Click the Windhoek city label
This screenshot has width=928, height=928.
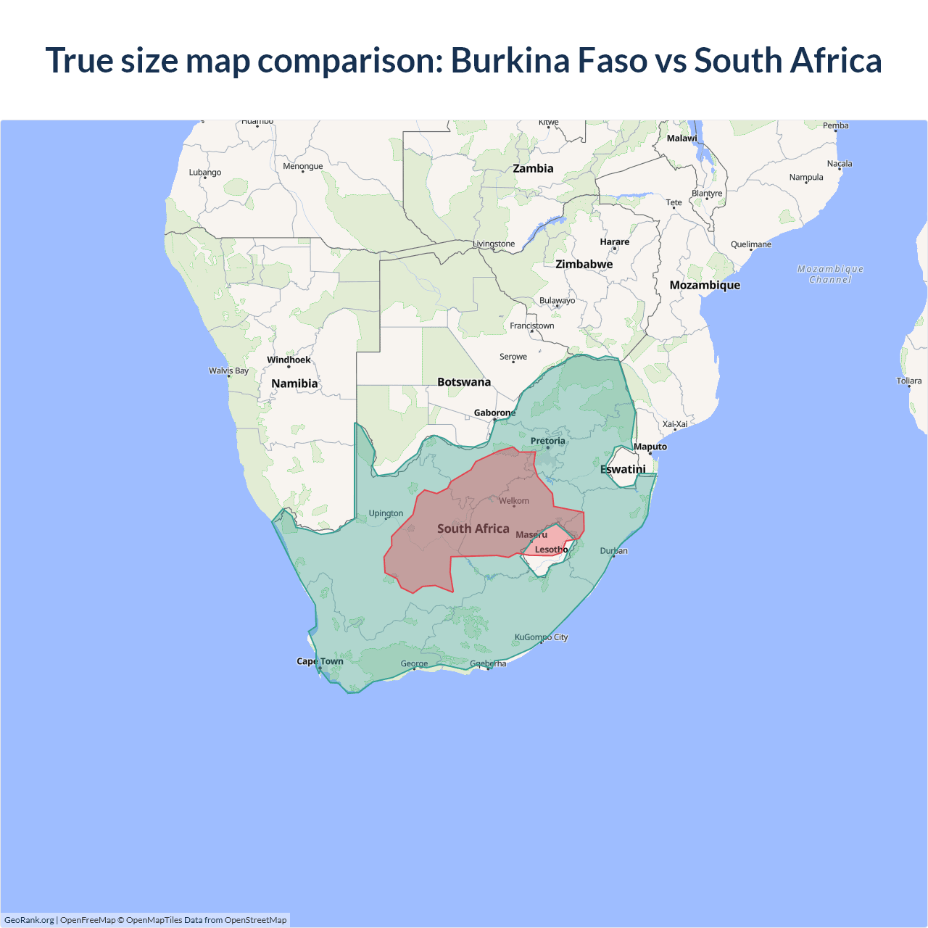tap(289, 360)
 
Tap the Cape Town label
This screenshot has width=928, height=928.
tap(320, 661)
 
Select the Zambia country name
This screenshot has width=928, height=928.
tap(533, 168)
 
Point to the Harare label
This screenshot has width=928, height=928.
tap(614, 242)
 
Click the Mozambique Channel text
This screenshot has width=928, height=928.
tap(830, 274)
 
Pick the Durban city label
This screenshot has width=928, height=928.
tap(613, 551)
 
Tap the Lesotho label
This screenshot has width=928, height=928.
tap(551, 550)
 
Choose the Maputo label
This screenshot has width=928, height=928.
tap(650, 447)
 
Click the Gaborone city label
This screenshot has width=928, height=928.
tap(494, 413)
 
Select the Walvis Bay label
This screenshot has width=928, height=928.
tap(228, 370)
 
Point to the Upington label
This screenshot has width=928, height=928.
tap(386, 513)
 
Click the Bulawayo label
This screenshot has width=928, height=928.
tap(557, 300)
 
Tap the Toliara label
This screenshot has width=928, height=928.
tap(908, 381)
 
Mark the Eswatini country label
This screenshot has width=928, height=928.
tap(623, 469)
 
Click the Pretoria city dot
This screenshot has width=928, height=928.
tap(548, 448)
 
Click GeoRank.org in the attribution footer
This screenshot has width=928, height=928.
tap(29, 920)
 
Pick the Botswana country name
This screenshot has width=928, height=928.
tap(464, 382)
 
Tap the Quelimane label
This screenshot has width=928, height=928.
tap(750, 244)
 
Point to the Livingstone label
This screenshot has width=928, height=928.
tap(494, 244)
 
